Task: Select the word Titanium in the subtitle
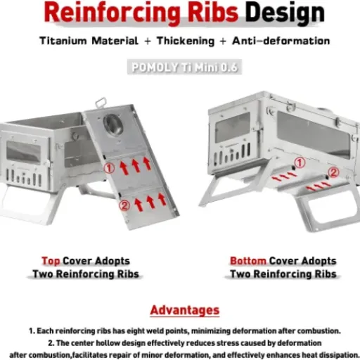pos(63,41)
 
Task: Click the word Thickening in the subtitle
pos(186,41)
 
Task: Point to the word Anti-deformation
pos(281,41)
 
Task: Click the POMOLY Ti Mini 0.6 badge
pos(184,67)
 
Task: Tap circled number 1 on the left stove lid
pos(109,168)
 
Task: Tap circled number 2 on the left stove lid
pos(124,205)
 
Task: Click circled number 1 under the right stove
pos(300,162)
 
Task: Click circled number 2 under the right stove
pos(333,172)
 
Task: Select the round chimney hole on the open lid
pos(113,124)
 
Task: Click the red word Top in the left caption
pos(51,261)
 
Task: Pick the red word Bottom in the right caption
pos(248,261)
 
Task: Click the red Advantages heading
pos(185,310)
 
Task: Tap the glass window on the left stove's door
pos(23,152)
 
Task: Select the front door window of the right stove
pos(233,128)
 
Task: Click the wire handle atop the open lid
pos(101,103)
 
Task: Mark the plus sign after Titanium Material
pos(148,41)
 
